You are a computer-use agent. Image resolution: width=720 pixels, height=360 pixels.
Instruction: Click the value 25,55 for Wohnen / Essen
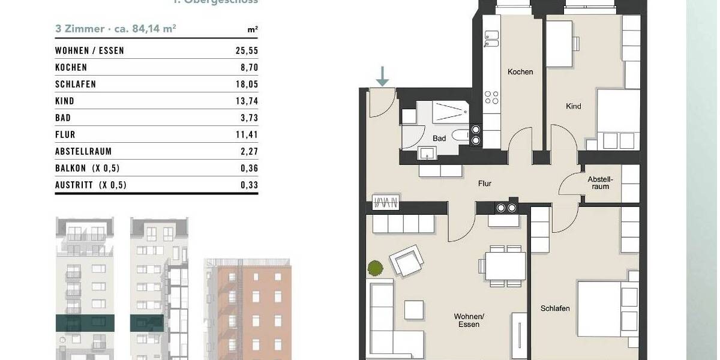tap(247, 51)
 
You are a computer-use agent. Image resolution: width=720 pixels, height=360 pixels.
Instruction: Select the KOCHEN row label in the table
tap(71, 68)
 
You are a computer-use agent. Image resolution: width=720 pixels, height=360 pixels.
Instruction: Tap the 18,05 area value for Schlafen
tap(247, 85)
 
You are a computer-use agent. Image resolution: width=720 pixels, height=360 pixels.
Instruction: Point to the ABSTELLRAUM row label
tap(83, 152)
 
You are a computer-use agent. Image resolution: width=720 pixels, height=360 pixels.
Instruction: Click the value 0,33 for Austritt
tap(249, 185)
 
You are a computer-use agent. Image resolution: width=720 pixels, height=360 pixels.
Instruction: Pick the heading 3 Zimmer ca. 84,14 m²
tap(115, 28)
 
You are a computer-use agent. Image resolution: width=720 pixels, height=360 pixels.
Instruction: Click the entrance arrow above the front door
tap(382, 76)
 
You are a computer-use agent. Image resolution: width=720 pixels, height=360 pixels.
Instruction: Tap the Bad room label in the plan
tap(439, 139)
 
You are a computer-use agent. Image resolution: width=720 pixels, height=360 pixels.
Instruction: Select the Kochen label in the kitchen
tap(520, 72)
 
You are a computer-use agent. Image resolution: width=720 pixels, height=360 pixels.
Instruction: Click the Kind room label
tap(573, 107)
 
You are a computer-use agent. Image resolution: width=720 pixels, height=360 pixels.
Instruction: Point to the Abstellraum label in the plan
tap(599, 182)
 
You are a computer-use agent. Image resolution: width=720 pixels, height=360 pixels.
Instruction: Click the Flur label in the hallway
tap(485, 184)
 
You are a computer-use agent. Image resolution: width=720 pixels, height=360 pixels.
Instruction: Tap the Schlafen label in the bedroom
tap(554, 308)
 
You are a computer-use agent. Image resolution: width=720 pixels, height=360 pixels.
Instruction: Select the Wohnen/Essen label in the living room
tap(469, 320)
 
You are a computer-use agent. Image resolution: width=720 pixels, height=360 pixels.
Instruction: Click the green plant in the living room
tap(374, 268)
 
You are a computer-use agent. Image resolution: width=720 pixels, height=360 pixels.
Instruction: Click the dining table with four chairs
tap(505, 266)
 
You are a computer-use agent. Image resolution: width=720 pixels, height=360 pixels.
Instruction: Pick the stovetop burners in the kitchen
tap(491, 97)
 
